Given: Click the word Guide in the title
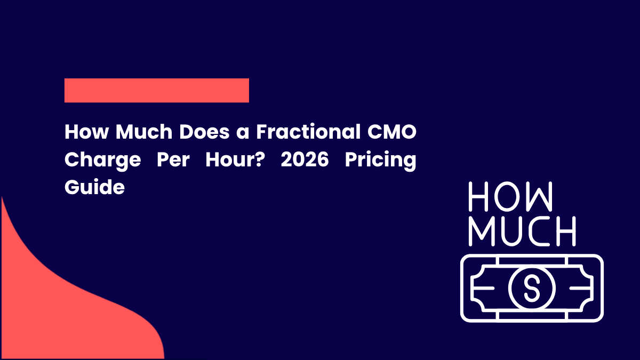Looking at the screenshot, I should (x=94, y=188).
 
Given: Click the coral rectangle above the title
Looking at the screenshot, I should (x=157, y=90).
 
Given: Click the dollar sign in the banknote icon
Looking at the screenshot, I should (x=532, y=288).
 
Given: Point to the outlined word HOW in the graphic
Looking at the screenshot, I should (x=510, y=196).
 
